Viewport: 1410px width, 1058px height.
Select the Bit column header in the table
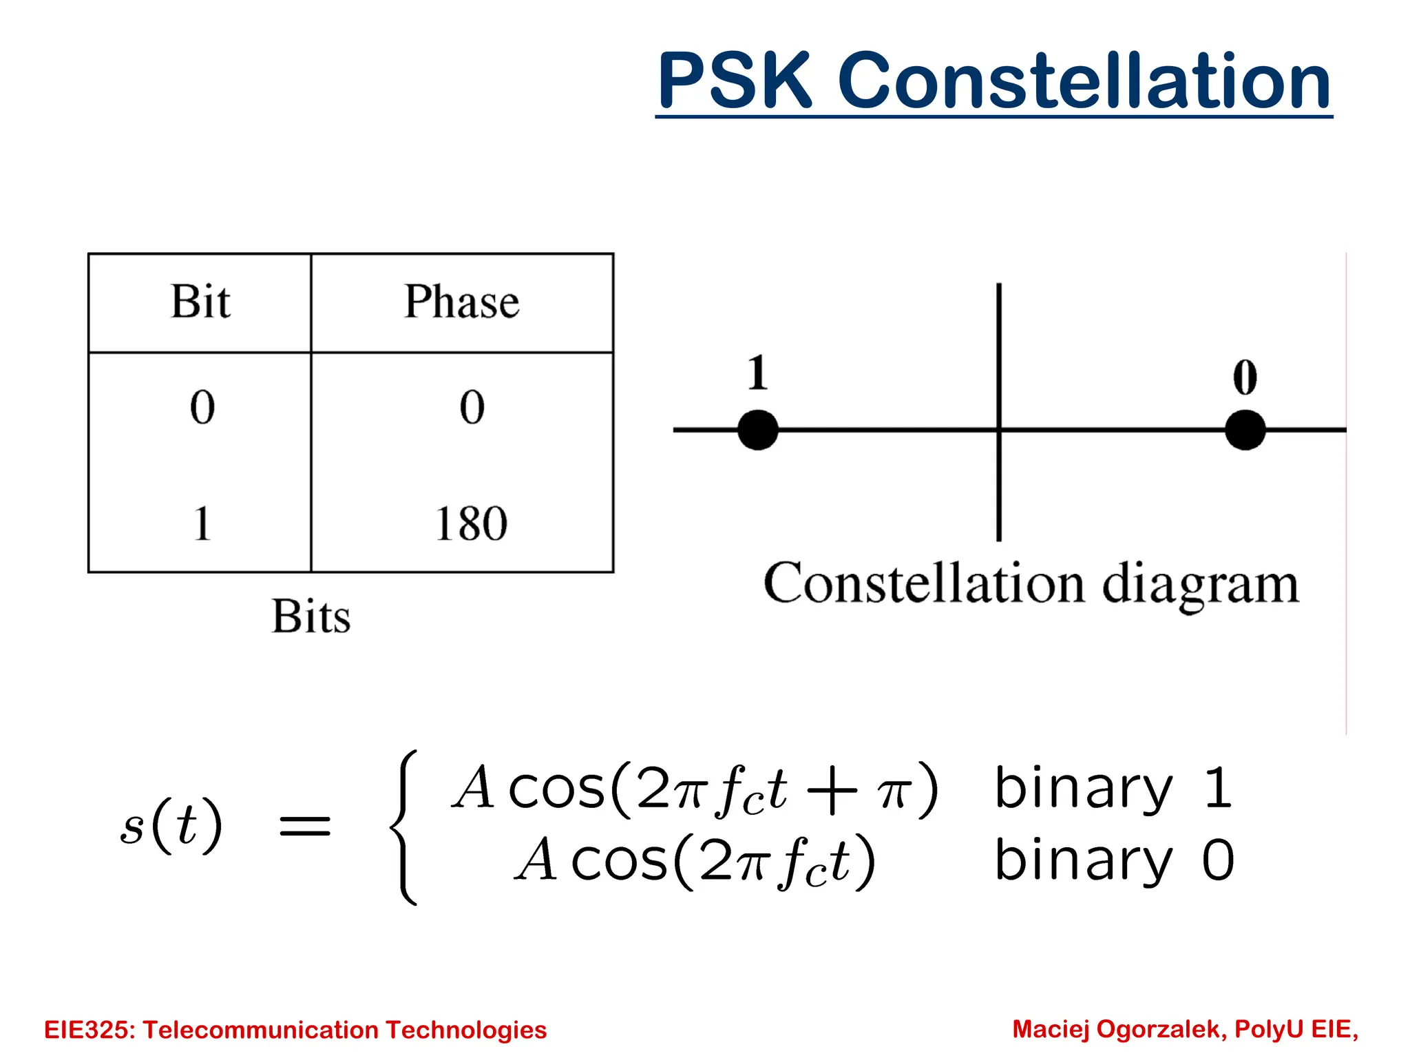(200, 302)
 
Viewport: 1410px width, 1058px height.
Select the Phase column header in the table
(461, 302)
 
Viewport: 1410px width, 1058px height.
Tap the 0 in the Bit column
(202, 407)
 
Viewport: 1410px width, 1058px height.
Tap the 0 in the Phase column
(472, 407)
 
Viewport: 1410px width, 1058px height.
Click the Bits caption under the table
(311, 616)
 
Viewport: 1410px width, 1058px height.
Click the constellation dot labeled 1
(757, 430)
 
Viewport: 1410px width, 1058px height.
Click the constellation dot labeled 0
(1245, 430)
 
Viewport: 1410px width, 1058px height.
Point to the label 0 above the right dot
(1245, 377)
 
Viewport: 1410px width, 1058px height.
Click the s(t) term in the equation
(171, 824)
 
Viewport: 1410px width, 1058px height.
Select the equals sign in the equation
(305, 825)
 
